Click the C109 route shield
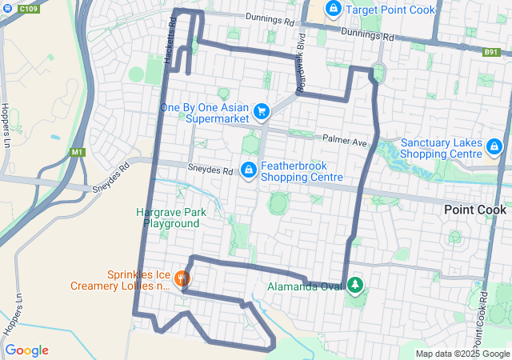click(x=29, y=9)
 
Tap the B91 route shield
click(x=491, y=51)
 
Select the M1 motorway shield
click(x=77, y=152)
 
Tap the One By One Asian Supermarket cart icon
click(x=260, y=112)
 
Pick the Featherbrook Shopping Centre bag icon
click(x=249, y=170)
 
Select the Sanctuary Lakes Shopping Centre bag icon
click(x=495, y=147)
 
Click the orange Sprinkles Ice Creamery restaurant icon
click(x=182, y=278)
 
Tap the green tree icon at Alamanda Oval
click(x=354, y=285)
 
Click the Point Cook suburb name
click(x=475, y=210)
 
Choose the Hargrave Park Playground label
click(x=171, y=218)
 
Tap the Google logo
click(x=26, y=350)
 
